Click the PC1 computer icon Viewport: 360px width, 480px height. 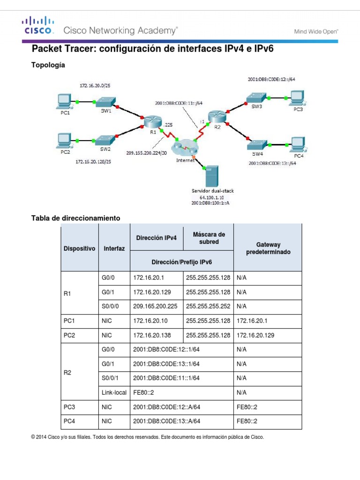coord(63,101)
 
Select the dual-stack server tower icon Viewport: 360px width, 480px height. coord(212,176)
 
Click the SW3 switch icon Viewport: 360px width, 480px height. coord(256,97)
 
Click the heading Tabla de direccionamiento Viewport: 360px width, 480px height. coord(75,218)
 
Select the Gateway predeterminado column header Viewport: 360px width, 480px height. coord(268,248)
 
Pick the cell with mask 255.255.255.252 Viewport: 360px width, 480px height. coord(208,307)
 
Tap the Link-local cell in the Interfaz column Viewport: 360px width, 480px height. coord(113,392)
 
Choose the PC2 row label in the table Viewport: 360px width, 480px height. coord(69,335)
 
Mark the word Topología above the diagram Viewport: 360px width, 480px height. coord(48,65)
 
